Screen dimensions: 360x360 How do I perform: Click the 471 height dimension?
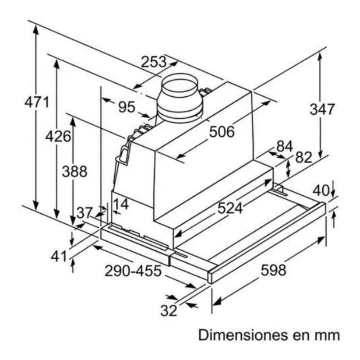tap(36, 102)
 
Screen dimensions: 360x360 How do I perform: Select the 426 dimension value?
tap(58, 136)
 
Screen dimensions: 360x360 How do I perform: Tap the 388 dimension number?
tap(74, 171)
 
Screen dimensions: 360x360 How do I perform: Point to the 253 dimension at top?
tap(153, 62)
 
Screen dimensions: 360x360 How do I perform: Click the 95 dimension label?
tap(127, 107)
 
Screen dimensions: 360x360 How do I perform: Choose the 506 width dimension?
tap(222, 132)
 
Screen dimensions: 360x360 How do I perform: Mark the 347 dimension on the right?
tap(322, 109)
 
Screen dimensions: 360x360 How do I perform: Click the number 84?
tap(284, 146)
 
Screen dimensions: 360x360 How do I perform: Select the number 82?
tap(304, 157)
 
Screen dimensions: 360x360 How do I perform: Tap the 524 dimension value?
tap(230, 208)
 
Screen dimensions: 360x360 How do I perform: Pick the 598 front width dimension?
tap(273, 270)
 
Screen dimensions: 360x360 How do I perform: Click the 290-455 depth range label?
tap(133, 271)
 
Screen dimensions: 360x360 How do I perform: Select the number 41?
tap(59, 257)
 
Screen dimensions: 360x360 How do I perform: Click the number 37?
tap(84, 213)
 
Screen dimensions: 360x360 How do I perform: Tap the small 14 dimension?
tap(121, 204)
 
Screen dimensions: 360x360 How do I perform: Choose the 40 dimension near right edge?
tap(320, 190)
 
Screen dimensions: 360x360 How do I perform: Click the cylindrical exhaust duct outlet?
tap(180, 98)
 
